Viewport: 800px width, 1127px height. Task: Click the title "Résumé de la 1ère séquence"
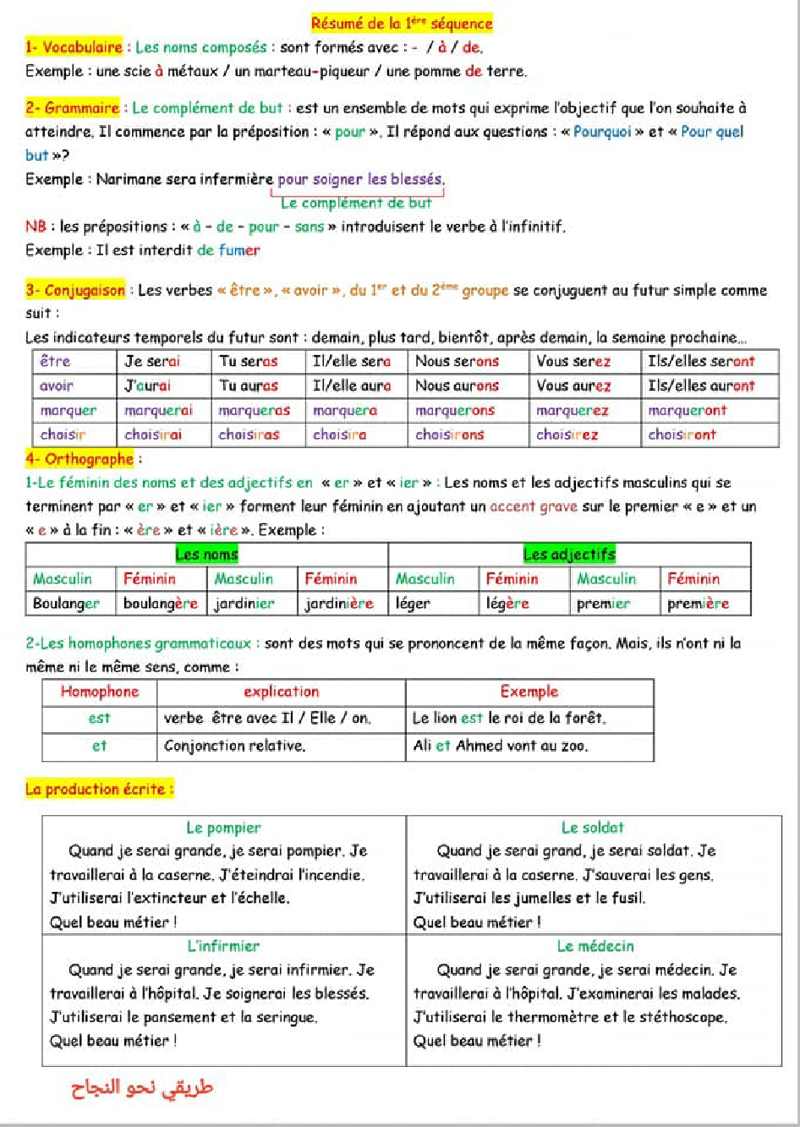[402, 24]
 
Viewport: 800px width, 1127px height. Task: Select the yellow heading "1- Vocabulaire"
[74, 47]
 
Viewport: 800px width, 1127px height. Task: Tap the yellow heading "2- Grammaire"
[73, 108]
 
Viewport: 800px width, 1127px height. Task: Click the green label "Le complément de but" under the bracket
[356, 203]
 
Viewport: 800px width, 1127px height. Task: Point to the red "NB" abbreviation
[36, 227]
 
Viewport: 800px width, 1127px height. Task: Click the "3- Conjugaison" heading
[75, 290]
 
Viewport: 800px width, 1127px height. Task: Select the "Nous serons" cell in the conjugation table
[457, 362]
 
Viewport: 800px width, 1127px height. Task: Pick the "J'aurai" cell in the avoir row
[148, 386]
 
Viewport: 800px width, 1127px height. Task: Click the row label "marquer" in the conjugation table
[68, 411]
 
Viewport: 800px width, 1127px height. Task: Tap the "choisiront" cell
[682, 435]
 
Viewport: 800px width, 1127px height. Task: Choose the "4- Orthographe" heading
[79, 459]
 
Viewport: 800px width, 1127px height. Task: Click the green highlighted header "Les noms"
[206, 555]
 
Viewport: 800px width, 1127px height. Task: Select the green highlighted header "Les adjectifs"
[569, 555]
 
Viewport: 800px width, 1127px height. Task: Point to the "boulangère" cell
[161, 604]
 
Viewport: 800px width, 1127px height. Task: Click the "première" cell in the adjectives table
[698, 604]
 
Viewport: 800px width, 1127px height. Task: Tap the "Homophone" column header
[100, 692]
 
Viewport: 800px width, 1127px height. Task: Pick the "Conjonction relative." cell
[235, 746]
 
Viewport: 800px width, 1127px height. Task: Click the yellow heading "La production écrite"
[98, 790]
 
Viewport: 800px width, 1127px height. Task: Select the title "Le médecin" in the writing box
[595, 946]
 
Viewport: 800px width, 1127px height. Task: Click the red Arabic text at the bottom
[142, 1088]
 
